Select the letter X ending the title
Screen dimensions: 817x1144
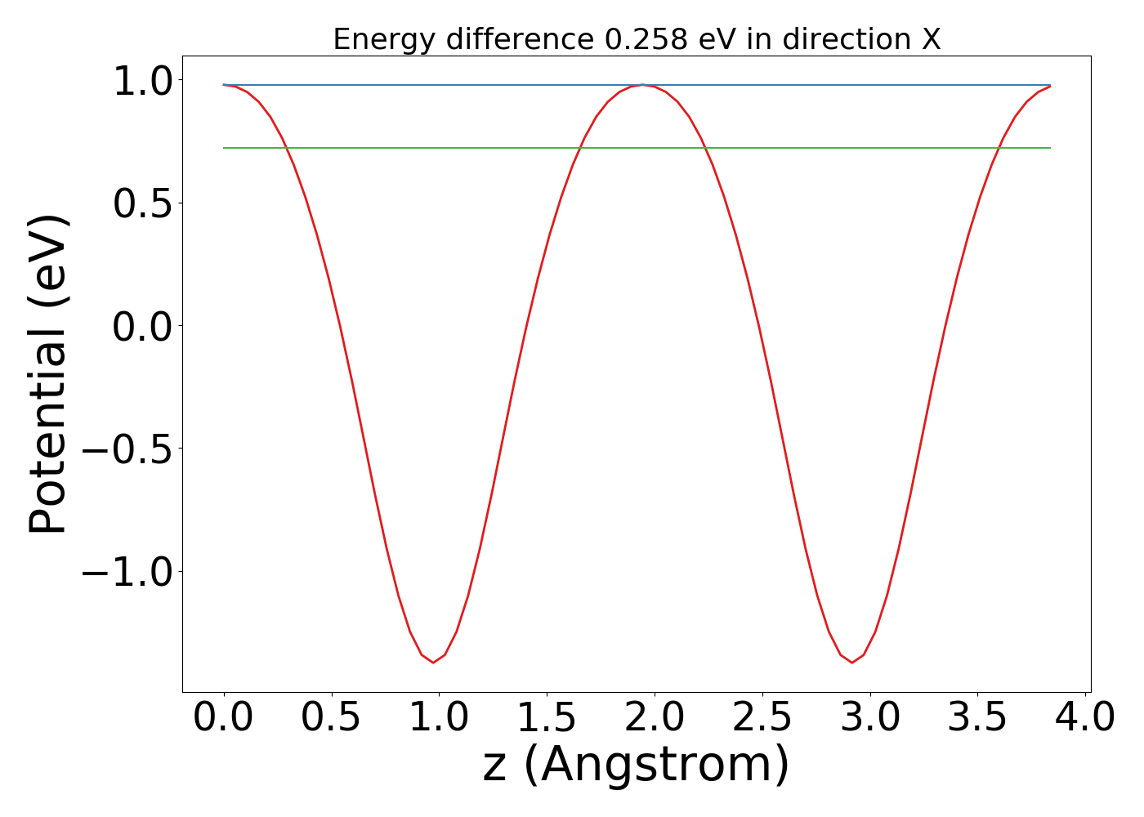click(931, 39)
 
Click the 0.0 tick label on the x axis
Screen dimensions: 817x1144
click(223, 718)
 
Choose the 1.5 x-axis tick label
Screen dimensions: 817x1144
click(547, 718)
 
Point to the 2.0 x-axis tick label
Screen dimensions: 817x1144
click(655, 718)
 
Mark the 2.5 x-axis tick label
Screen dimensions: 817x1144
click(762, 718)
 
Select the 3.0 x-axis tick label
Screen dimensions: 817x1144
click(870, 718)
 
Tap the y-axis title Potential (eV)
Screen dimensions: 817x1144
click(47, 374)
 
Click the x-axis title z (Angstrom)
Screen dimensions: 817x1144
click(636, 765)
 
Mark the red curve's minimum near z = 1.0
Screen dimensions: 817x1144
click(433, 662)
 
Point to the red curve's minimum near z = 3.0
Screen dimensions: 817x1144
click(851, 662)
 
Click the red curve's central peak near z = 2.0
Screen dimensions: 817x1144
click(643, 85)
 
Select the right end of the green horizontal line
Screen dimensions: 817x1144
click(1049, 148)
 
